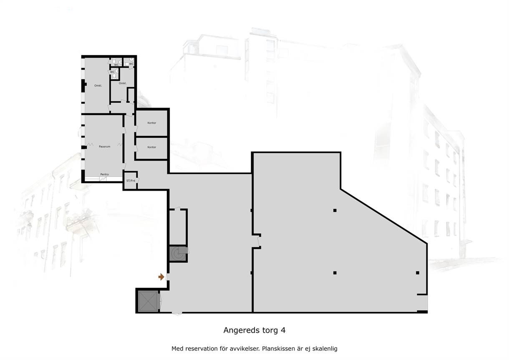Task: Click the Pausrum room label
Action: click(x=105, y=147)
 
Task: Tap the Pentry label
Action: click(x=105, y=174)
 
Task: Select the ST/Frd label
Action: click(x=131, y=181)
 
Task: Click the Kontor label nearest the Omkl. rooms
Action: click(x=152, y=123)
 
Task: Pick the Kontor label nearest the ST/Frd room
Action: click(x=152, y=147)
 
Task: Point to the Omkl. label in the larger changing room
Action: click(x=98, y=86)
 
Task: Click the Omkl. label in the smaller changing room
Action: click(x=123, y=83)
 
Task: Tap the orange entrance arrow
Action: click(x=161, y=277)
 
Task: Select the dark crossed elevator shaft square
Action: click(x=148, y=301)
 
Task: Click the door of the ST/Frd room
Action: click(x=138, y=181)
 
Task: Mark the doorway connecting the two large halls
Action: click(x=259, y=242)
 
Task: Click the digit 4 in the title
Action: click(x=283, y=330)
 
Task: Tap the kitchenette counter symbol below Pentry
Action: click(x=103, y=179)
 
